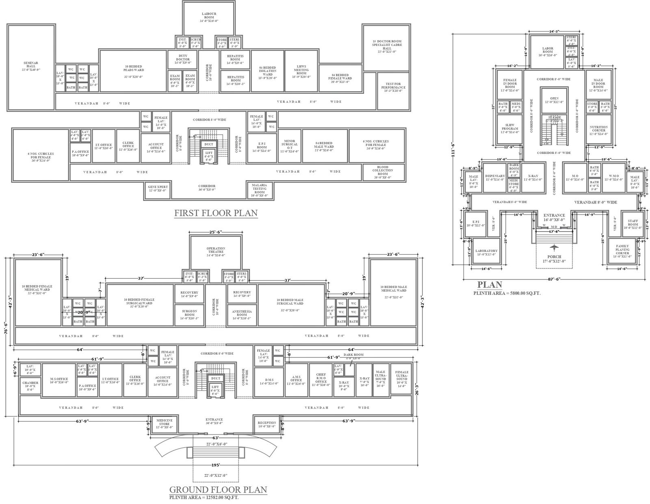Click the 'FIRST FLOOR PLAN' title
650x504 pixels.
[216, 213]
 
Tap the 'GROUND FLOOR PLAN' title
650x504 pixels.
[218, 489]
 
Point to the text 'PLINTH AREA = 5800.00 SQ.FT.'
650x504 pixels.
[507, 293]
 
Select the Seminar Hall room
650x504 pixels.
[31, 67]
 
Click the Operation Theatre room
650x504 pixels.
[216, 252]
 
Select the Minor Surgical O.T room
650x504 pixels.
[289, 146]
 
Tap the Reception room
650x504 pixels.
[267, 424]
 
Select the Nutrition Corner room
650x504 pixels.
[598, 130]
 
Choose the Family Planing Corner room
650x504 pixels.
[622, 251]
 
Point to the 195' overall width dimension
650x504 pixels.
[216, 465]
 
